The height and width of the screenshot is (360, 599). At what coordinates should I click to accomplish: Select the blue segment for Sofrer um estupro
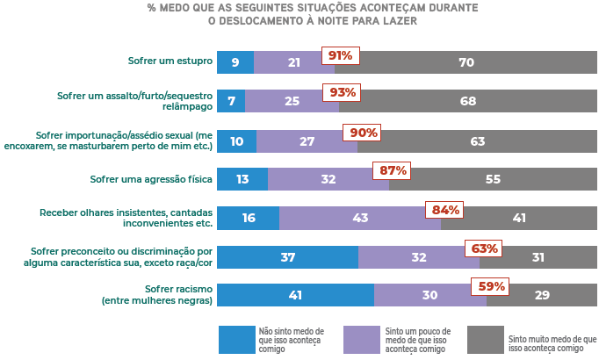point(235,62)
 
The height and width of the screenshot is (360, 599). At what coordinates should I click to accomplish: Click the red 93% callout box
point(343,93)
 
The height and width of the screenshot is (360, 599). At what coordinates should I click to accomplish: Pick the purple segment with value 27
point(307,140)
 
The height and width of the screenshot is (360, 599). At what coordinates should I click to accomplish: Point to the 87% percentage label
point(390,170)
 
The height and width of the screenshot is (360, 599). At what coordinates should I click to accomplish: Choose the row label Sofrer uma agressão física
point(151,179)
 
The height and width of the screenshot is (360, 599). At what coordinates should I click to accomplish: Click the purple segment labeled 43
point(359,218)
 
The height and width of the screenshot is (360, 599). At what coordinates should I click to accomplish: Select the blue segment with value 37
point(287,256)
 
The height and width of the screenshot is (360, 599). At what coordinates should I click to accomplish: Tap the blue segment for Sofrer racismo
point(295,295)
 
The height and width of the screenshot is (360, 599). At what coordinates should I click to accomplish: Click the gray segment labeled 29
point(542,295)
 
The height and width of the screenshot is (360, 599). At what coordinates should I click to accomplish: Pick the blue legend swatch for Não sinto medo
point(236,339)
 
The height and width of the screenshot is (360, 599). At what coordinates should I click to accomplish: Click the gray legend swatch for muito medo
point(486,339)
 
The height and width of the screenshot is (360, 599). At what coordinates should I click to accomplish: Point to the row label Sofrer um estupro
point(170,62)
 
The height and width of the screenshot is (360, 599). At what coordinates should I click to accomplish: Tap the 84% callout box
point(444,210)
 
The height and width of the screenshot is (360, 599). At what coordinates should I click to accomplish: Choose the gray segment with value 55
point(493,179)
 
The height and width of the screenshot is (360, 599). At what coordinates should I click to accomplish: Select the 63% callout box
point(485,248)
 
